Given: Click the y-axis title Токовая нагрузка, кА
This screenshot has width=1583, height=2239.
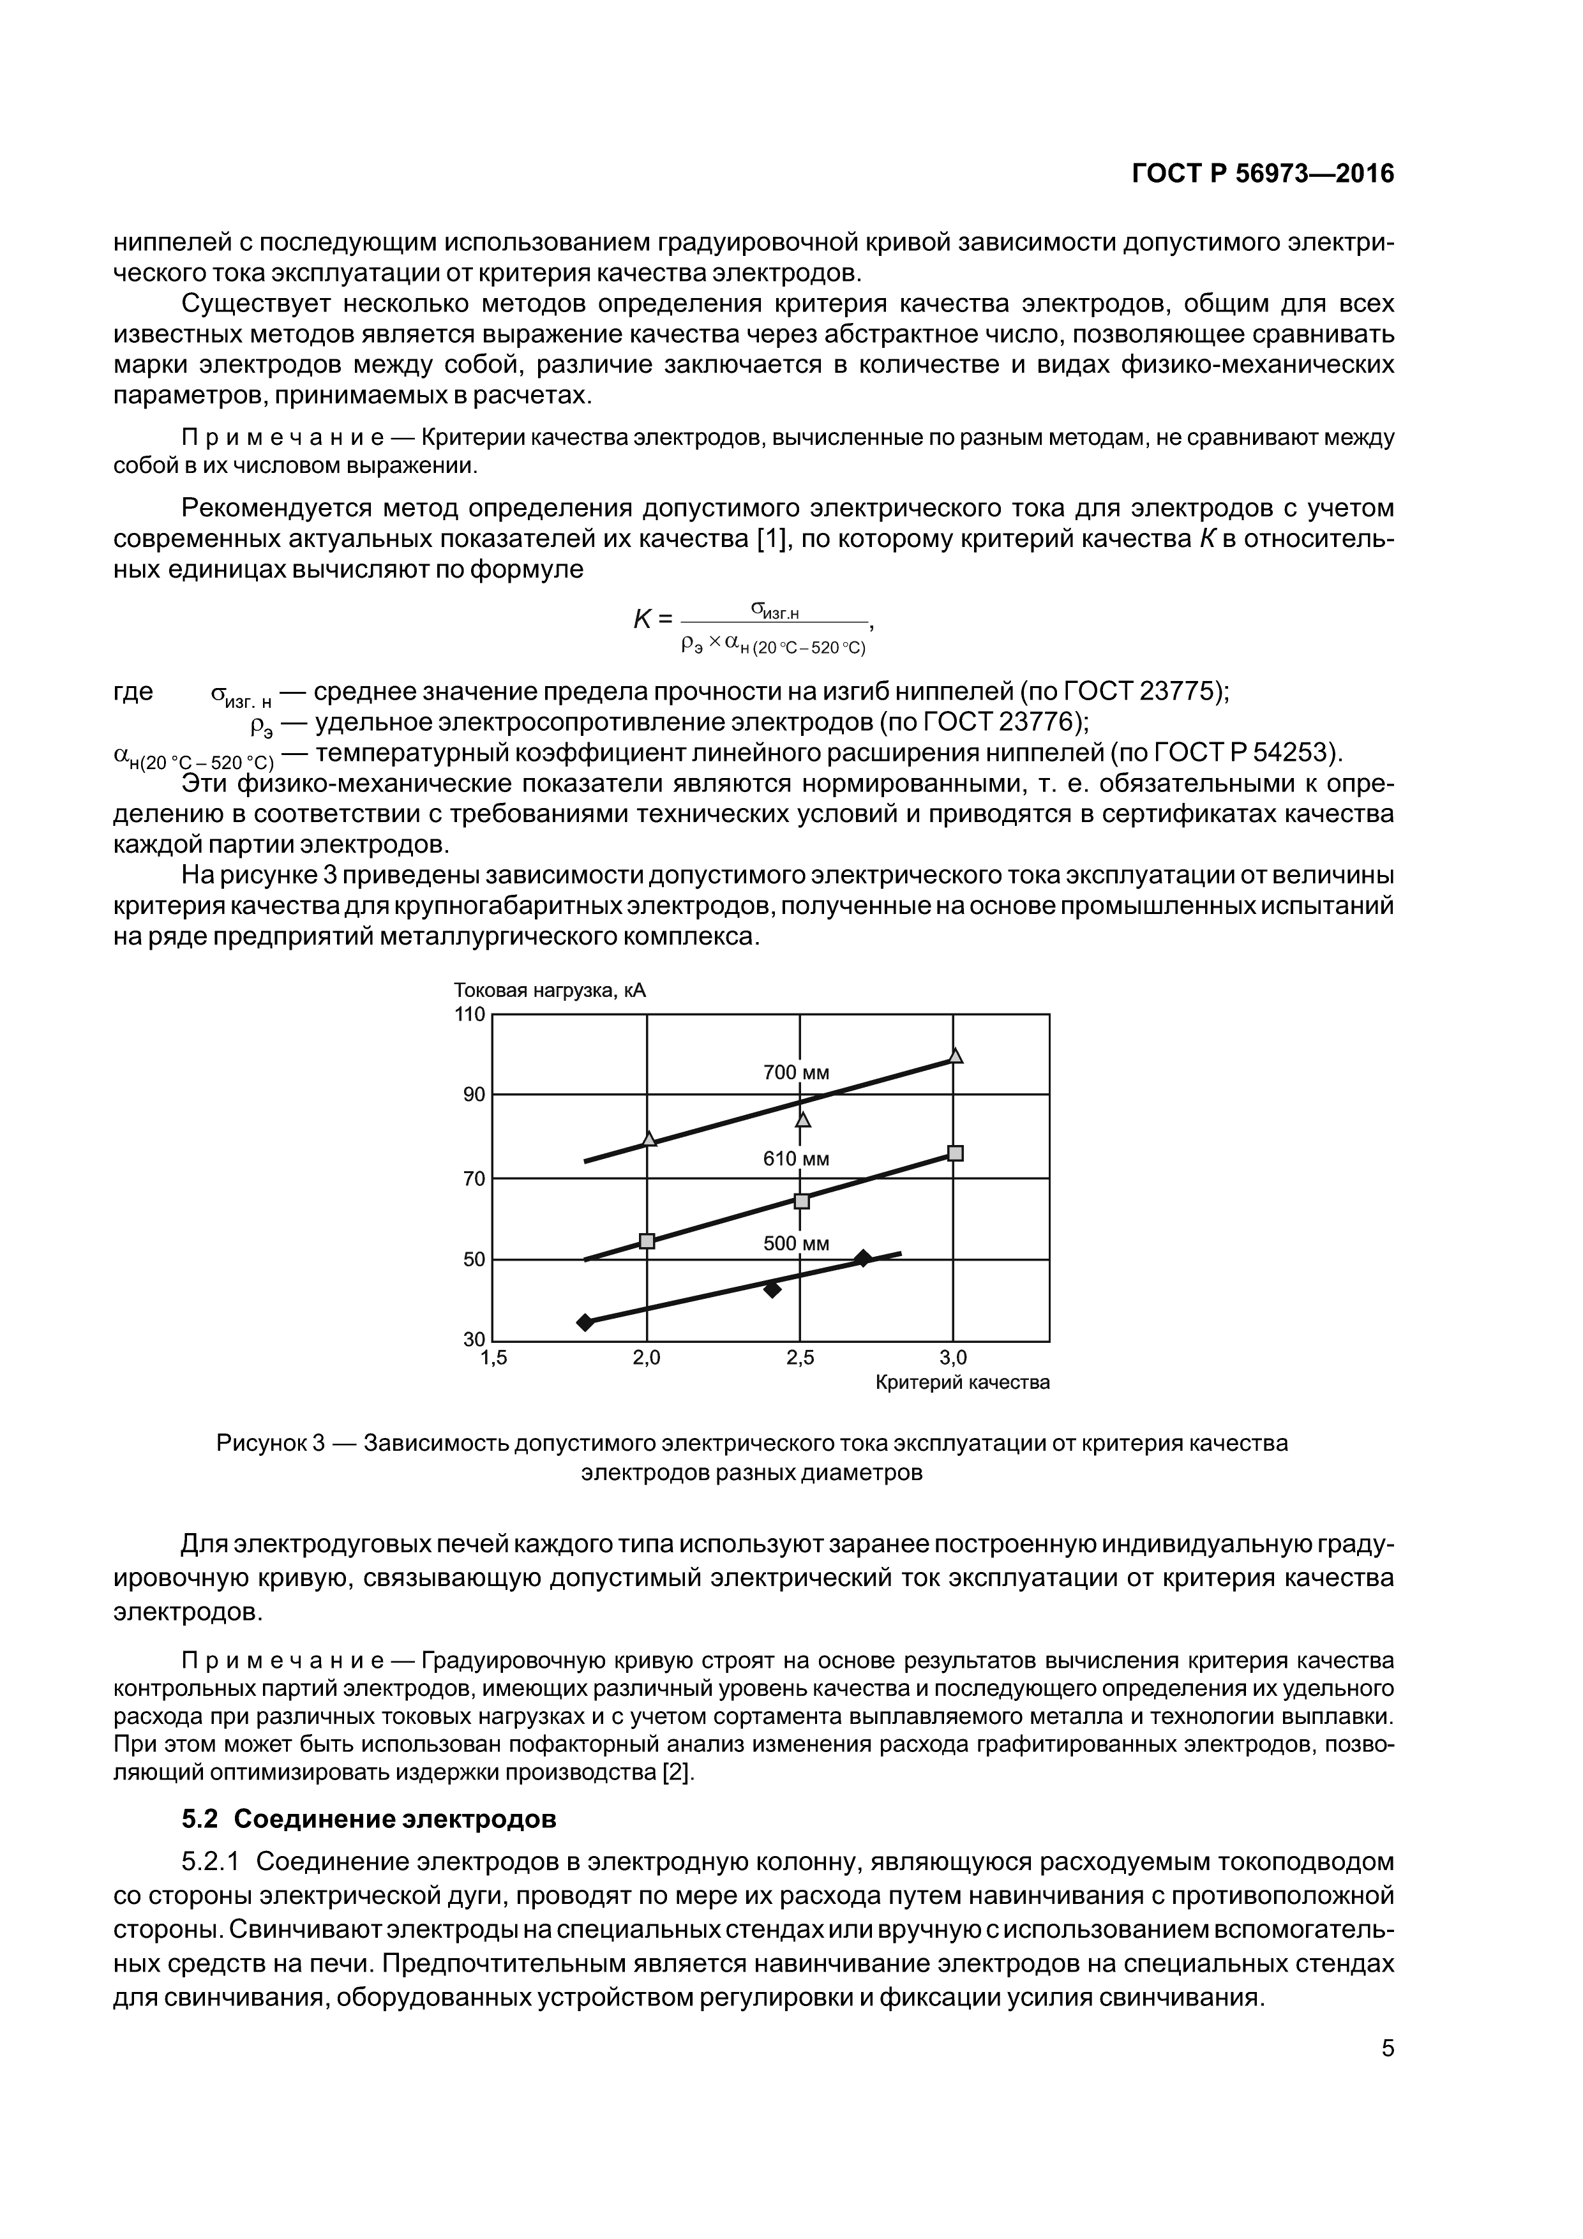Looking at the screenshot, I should [x=549, y=991].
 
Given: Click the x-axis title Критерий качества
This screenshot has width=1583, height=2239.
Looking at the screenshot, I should [x=962, y=1382].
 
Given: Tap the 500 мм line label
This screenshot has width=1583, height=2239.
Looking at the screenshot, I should [x=796, y=1243].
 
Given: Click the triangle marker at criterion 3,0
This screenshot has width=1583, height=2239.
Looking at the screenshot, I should [x=955, y=1055].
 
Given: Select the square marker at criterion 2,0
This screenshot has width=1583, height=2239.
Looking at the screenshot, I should [x=646, y=1240].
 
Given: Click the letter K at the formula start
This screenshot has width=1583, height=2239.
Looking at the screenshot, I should [x=641, y=618].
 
